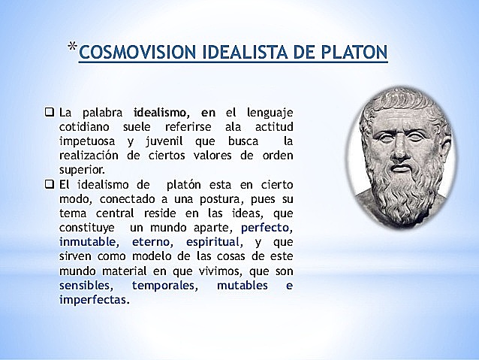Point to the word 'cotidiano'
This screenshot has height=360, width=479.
coord(86,127)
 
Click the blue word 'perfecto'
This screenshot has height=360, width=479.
coord(267,228)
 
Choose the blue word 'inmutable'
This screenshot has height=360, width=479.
coord(88,242)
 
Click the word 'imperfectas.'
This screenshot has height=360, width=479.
coord(94,300)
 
